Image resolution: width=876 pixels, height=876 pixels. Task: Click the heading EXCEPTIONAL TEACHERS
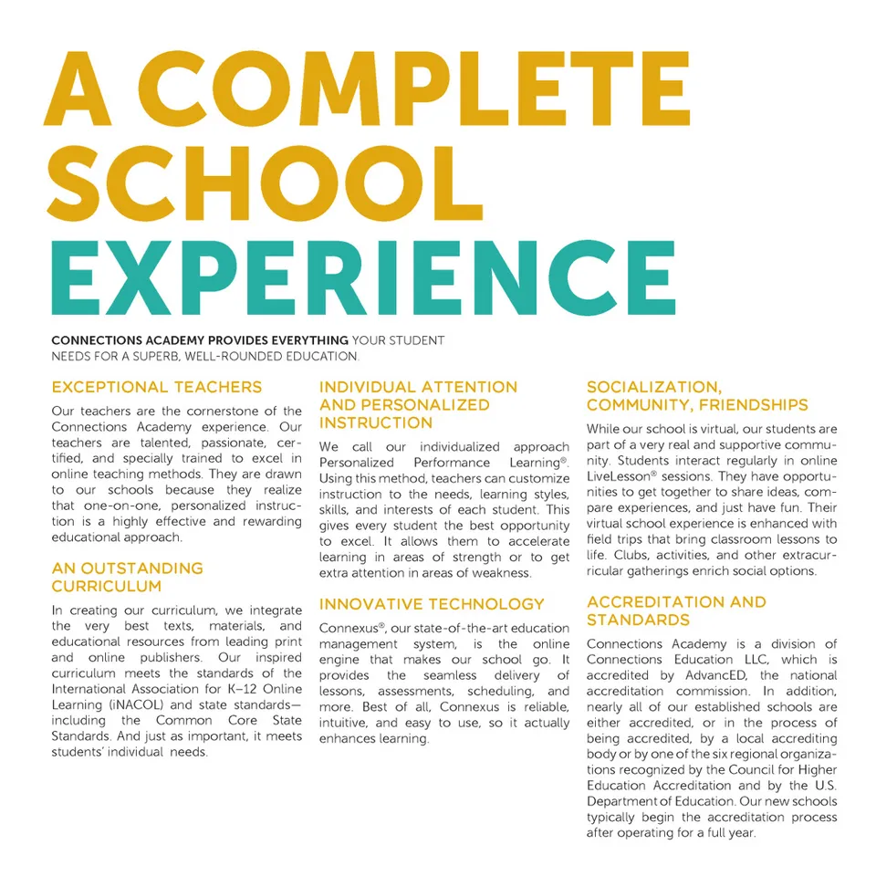(157, 387)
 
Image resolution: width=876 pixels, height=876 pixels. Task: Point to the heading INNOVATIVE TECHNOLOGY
(432, 604)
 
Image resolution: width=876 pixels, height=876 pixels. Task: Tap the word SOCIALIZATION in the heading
(653, 387)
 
